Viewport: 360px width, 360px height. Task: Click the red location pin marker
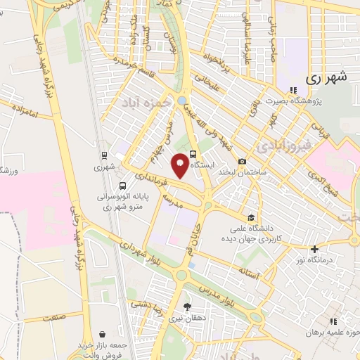(x=181, y=165)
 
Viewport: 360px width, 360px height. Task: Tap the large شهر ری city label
(x=328, y=79)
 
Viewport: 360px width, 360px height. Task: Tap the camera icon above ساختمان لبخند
(x=243, y=161)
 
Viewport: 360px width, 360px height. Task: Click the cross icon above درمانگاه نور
(x=315, y=249)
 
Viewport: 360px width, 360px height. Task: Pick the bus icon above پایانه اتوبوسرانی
(x=123, y=186)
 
